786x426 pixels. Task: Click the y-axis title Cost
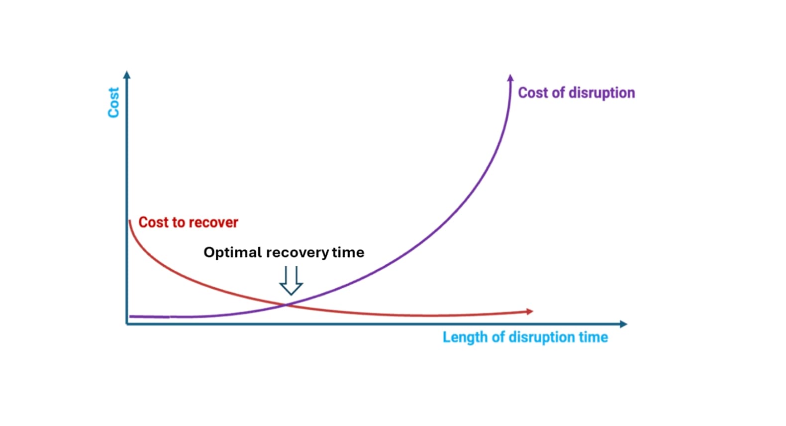pyautogui.click(x=114, y=103)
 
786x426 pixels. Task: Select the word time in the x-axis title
pyautogui.click(x=593, y=337)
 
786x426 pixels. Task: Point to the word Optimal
pyautogui.click(x=232, y=252)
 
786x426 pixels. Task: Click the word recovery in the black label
pyautogui.click(x=297, y=252)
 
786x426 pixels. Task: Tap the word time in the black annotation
pyautogui.click(x=348, y=252)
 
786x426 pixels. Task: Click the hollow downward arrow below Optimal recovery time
pyautogui.click(x=291, y=281)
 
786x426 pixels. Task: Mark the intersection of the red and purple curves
pyautogui.click(x=286, y=305)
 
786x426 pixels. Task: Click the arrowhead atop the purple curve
pyautogui.click(x=510, y=78)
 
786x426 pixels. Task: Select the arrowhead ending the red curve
pyautogui.click(x=530, y=312)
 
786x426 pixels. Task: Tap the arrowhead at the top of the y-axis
pyautogui.click(x=127, y=75)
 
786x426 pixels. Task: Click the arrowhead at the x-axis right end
pyautogui.click(x=624, y=324)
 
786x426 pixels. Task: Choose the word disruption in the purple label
pyautogui.click(x=601, y=93)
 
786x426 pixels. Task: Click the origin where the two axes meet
pyautogui.click(x=127, y=324)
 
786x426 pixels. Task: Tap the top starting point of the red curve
pyautogui.click(x=129, y=220)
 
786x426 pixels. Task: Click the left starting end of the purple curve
pyautogui.click(x=130, y=316)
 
